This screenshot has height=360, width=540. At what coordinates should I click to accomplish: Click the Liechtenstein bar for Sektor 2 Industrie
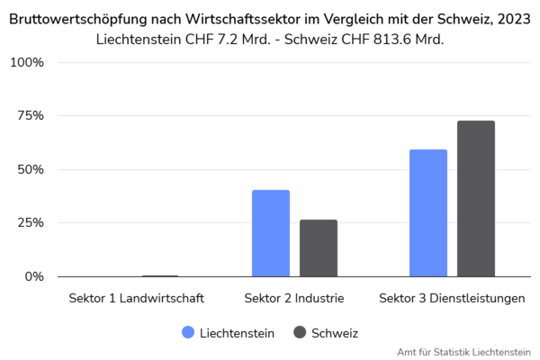pyautogui.click(x=271, y=233)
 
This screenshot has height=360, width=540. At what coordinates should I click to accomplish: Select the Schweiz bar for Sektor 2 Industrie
pyautogui.click(x=319, y=247)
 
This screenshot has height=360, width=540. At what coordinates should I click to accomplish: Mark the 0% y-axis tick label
pyautogui.click(x=33, y=276)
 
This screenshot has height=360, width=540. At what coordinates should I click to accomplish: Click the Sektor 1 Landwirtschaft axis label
pyautogui.click(x=137, y=298)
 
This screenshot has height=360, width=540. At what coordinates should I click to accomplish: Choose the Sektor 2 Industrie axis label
pyautogui.click(x=294, y=298)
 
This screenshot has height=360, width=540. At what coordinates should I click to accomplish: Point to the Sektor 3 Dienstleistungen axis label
pyautogui.click(x=452, y=298)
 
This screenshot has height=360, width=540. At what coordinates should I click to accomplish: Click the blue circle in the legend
pyautogui.click(x=188, y=332)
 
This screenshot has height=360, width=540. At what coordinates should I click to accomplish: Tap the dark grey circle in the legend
pyautogui.click(x=300, y=332)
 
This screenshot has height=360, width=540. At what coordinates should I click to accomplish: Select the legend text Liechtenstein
pyautogui.click(x=237, y=333)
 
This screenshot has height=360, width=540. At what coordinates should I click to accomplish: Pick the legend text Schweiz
pyautogui.click(x=335, y=333)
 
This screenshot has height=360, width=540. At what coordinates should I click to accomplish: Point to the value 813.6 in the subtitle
pyautogui.click(x=386, y=40)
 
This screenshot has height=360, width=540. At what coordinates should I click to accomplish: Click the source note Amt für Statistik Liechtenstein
pyautogui.click(x=463, y=352)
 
